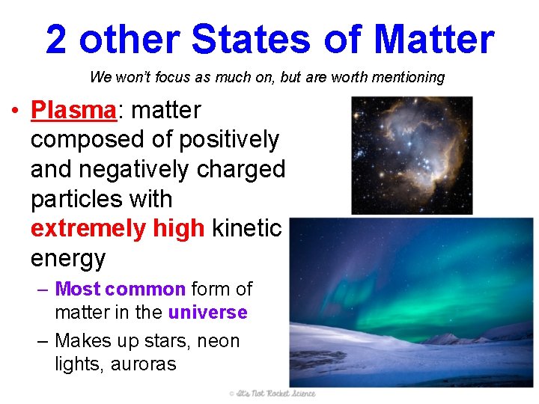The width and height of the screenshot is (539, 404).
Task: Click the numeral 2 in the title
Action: click(56, 40)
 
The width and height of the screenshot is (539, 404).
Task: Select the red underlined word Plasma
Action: click(73, 110)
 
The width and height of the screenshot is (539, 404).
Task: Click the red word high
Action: click(177, 229)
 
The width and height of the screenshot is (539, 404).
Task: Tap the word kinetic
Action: click(246, 229)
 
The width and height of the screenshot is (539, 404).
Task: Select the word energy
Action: click(68, 259)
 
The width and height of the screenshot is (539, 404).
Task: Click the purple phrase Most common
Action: click(120, 289)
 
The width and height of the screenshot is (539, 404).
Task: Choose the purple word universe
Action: click(208, 312)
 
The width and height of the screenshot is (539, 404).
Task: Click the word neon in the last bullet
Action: click(219, 341)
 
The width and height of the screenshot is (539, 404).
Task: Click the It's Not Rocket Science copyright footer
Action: click(272, 394)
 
